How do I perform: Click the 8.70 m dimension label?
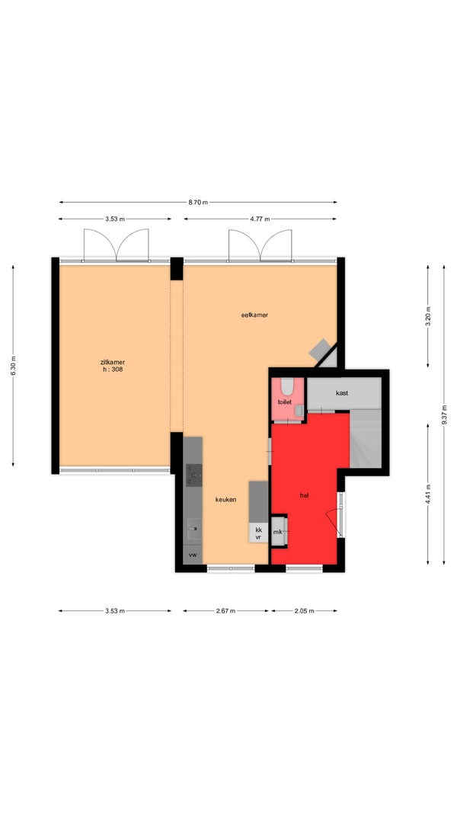[x=198, y=202]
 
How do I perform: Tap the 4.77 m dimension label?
[x=260, y=219]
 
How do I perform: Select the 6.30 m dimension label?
[x=13, y=366]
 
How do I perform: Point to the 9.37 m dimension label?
[x=444, y=415]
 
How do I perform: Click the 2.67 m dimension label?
[x=226, y=611]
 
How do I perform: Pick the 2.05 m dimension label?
[x=304, y=611]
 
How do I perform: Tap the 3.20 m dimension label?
[x=428, y=316]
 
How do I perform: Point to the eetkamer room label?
[x=254, y=315]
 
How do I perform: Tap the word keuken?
[x=226, y=499]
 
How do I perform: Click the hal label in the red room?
[x=304, y=495]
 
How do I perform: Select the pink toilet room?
[x=287, y=398]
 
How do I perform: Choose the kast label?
[x=341, y=393]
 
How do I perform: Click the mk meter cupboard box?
[x=278, y=531]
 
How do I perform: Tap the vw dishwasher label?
[x=193, y=555]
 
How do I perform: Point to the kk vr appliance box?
[x=258, y=533]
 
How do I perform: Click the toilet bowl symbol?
[x=288, y=386]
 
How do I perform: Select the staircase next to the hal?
[x=366, y=439]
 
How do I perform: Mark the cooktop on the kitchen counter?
[x=194, y=475]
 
